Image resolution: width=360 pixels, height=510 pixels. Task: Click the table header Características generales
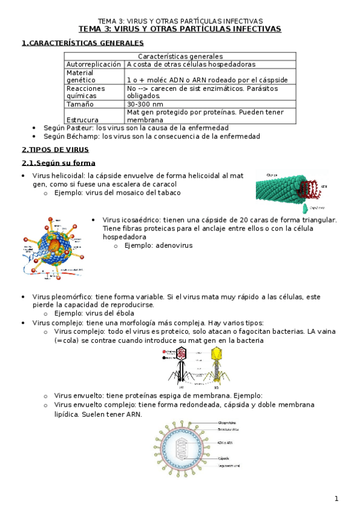pos(180,57)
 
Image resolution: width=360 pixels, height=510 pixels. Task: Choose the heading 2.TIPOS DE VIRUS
pos(55,150)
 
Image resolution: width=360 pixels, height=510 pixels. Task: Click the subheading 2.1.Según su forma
pos(58,163)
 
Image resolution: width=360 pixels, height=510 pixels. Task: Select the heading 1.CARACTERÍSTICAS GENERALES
pos(82,43)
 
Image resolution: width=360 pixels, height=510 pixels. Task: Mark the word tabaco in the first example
pos(166,192)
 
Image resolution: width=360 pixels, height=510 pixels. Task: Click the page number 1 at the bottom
pos(337,498)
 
